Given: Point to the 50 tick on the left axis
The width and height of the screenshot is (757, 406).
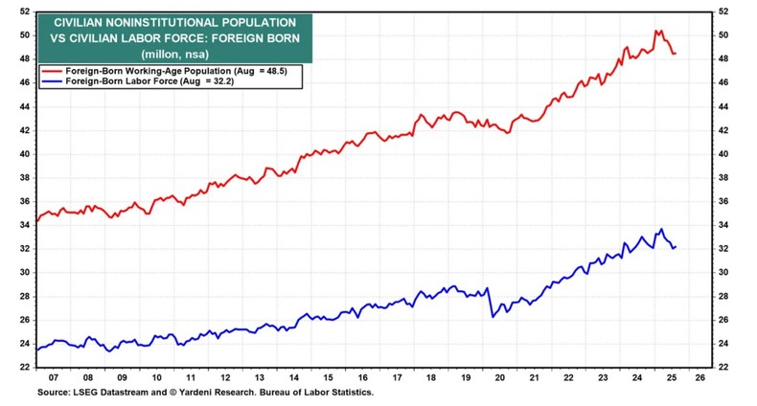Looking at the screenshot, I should click(24, 35).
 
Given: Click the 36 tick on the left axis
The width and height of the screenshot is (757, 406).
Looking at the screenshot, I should click(24, 201).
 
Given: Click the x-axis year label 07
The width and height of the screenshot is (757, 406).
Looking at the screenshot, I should click(55, 378).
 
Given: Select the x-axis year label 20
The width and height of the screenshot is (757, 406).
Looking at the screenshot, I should click(499, 378).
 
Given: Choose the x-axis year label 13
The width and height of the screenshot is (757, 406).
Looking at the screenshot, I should click(260, 378).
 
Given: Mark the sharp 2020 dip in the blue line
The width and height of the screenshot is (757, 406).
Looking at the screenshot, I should click(493, 315).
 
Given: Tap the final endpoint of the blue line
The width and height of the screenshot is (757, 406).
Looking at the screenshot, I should click(675, 247).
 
